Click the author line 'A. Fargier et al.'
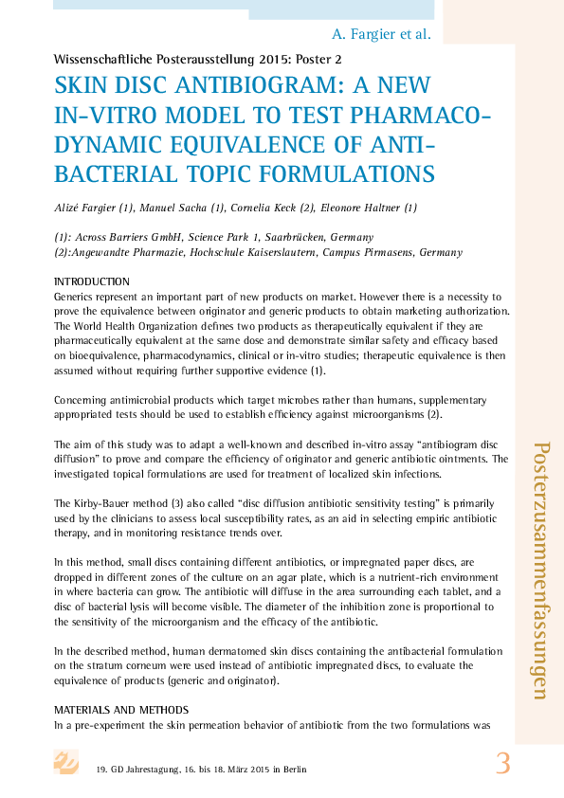point(382,34)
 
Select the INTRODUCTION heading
point(91,282)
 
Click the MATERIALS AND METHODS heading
point(121,710)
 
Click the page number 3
point(503,763)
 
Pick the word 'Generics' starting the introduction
point(77,297)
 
